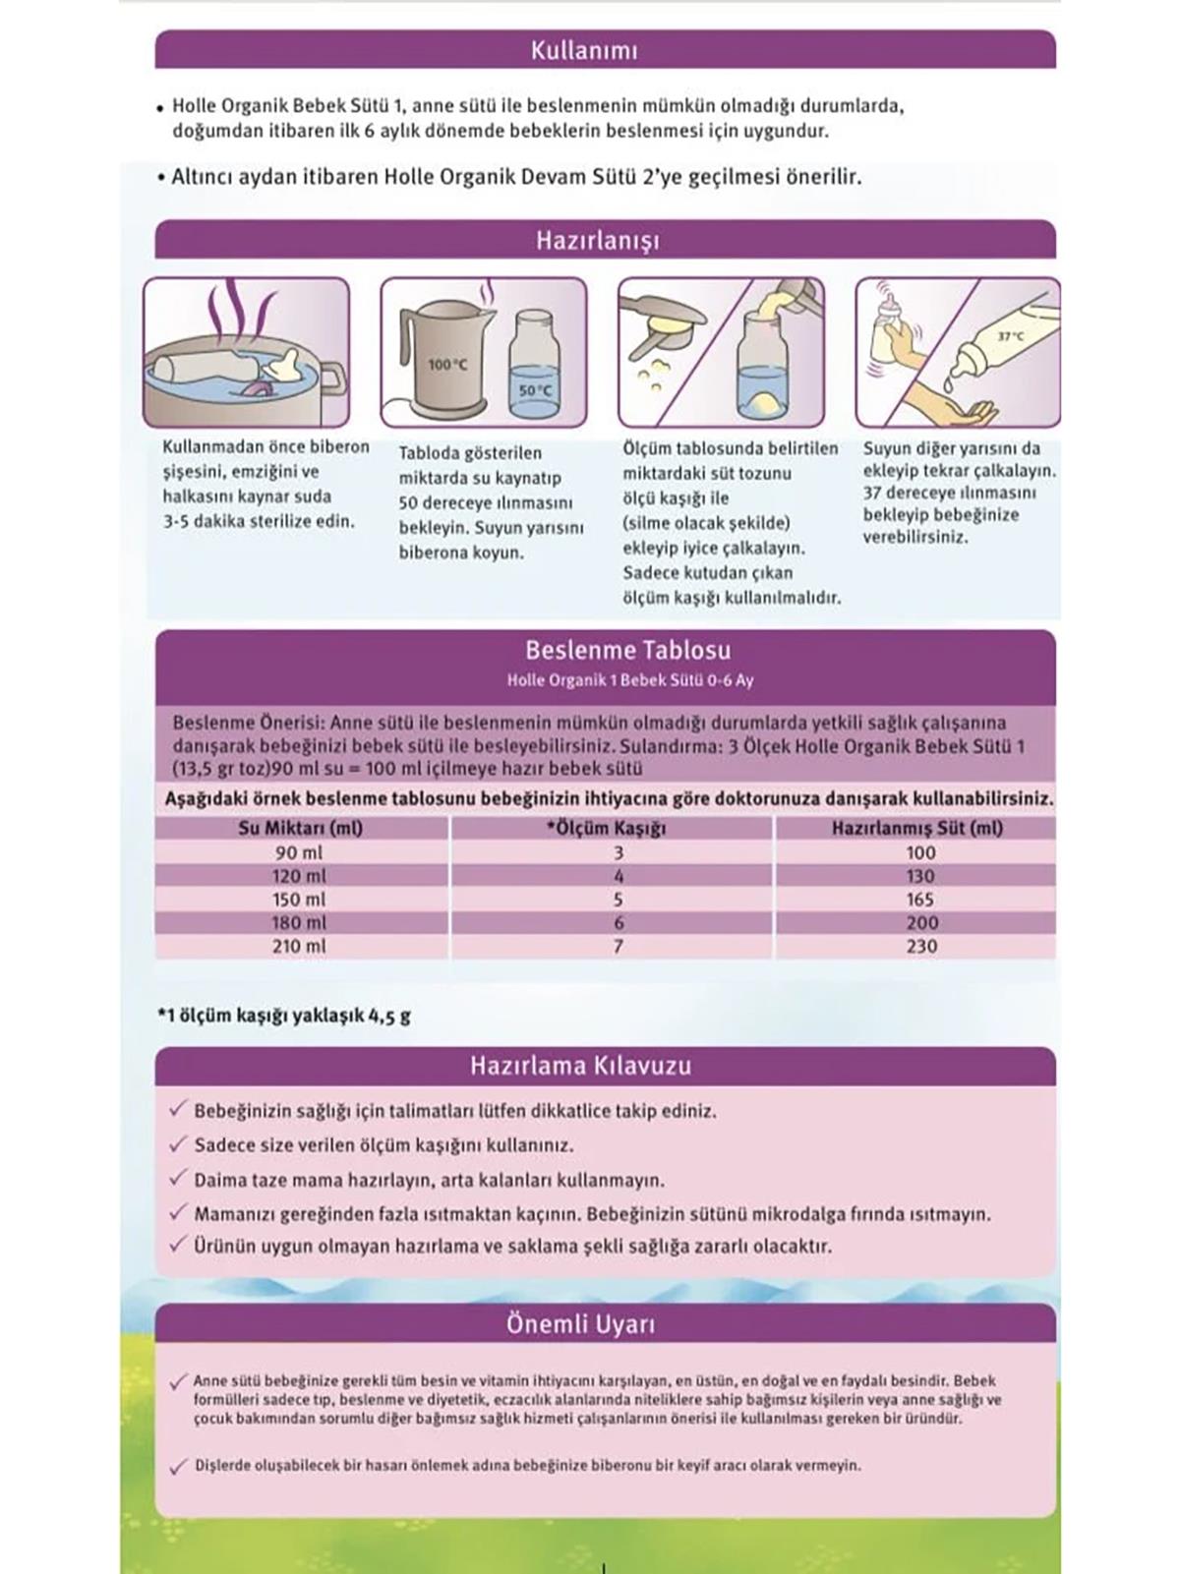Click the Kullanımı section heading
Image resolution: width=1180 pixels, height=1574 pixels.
point(584,50)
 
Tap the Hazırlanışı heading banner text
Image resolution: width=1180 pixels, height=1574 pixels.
point(598,241)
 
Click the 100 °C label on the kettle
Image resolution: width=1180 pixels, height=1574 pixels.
point(447,365)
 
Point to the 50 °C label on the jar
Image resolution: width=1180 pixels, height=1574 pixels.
point(535,390)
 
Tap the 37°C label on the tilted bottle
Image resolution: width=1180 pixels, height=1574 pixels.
point(1011,337)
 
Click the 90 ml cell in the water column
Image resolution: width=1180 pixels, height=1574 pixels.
point(299,852)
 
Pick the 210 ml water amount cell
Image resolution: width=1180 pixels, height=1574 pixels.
point(299,946)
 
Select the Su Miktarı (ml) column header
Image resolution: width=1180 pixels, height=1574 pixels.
point(301,828)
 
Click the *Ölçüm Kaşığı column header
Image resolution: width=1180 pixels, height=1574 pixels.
point(607,828)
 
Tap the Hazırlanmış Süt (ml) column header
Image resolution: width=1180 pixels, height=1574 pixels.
point(917,828)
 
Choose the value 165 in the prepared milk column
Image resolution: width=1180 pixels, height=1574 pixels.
point(920,899)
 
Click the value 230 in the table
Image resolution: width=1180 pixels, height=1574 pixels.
point(920,946)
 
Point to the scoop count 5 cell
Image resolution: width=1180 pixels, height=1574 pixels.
point(618,899)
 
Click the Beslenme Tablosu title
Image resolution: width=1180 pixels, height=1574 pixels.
point(627,650)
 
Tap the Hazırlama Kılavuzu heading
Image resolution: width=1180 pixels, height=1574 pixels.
point(580,1066)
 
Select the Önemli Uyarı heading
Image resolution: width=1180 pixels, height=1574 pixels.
point(580,1324)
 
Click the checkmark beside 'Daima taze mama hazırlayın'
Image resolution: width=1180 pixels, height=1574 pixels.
point(178,1178)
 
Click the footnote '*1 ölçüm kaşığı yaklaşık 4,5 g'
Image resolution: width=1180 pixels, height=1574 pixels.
point(285,1016)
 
